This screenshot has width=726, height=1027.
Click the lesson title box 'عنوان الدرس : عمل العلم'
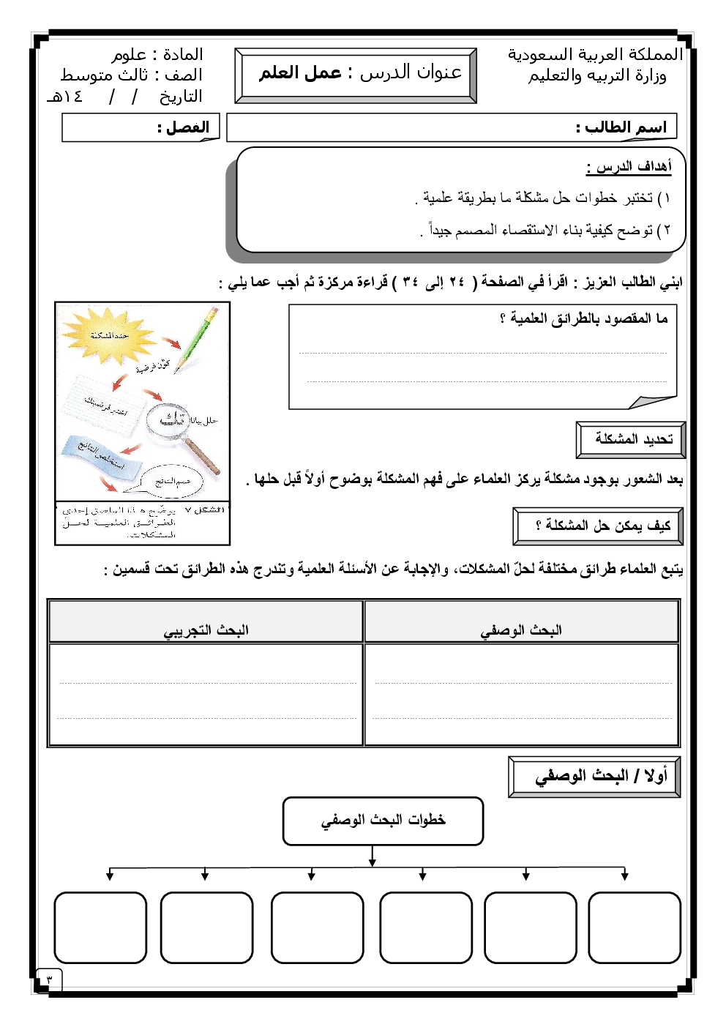(356, 74)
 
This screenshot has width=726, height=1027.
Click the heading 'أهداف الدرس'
(629, 167)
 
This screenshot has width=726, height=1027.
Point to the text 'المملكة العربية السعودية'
(595, 54)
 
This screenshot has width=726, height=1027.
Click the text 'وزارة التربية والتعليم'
(597, 75)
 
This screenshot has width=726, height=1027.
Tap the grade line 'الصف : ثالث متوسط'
(132, 75)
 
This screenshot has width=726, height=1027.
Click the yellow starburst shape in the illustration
(110, 335)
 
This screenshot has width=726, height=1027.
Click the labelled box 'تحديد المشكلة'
(631, 439)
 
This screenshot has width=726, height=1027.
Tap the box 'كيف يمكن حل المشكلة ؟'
(598, 526)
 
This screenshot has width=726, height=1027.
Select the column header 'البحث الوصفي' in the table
(521, 630)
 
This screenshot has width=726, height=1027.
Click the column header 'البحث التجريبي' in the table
(206, 630)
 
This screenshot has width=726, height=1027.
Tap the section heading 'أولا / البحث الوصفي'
(594, 777)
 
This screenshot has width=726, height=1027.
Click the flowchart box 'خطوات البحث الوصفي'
(383, 821)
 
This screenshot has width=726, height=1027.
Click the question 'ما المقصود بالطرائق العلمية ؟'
(583, 318)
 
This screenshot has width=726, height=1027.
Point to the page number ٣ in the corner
(50, 979)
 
